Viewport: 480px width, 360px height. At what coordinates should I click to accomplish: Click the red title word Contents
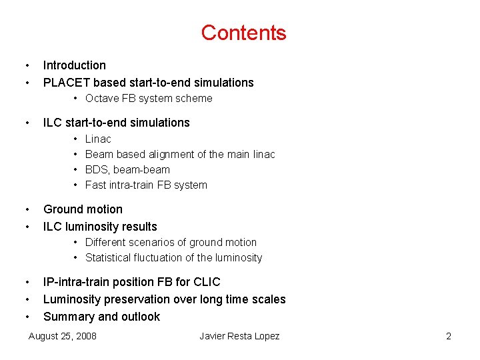click(243, 33)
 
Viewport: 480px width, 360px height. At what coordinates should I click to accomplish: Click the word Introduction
click(75, 65)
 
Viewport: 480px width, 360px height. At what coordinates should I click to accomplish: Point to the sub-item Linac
click(98, 139)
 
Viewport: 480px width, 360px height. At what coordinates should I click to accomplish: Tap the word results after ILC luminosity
click(137, 227)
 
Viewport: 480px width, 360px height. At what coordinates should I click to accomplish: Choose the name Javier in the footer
click(215, 336)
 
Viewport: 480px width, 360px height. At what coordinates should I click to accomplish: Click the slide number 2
click(449, 336)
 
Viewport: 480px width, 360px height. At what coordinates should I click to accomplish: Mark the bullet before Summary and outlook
click(26, 317)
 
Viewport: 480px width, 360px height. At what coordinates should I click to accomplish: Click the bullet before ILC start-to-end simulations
click(26, 123)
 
